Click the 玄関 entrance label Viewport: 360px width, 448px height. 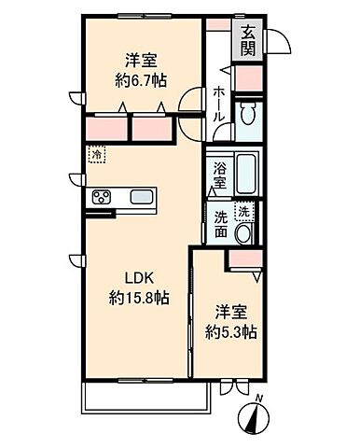(248, 40)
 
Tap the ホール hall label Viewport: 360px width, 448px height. (218, 104)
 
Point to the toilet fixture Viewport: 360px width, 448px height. (248, 114)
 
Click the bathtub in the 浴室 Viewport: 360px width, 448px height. (246, 174)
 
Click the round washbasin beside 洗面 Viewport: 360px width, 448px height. (244, 233)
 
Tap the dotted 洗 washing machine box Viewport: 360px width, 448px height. (244, 212)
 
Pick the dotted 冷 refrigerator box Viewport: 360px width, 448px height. (97, 154)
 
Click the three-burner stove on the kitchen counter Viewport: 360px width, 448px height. (102, 197)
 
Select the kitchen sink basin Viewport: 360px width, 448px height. (142, 197)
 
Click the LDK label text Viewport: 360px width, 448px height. (139, 278)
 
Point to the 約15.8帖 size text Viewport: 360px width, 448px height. (139, 299)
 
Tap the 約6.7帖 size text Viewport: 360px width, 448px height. (141, 81)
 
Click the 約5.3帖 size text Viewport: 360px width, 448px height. (230, 332)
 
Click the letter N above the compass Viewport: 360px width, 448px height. (259, 398)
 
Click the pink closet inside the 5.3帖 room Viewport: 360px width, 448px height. (245, 259)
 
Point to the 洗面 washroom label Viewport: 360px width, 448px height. (221, 224)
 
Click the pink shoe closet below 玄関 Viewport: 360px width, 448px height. (248, 78)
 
